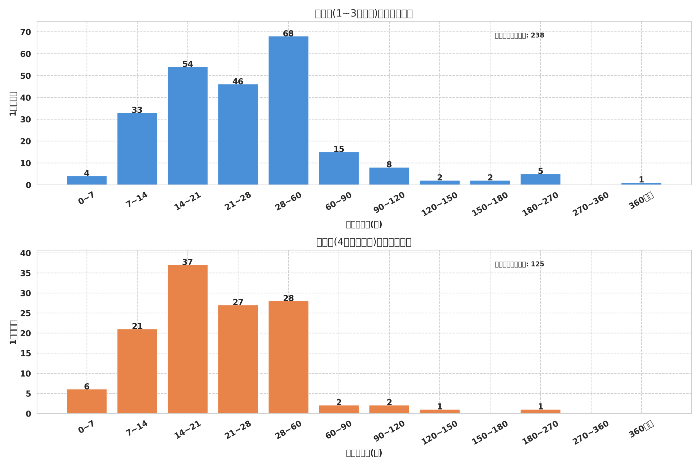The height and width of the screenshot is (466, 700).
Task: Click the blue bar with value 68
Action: [288, 110]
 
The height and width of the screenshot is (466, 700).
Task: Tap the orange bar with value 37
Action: [188, 339]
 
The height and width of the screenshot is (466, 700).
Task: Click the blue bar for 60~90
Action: [339, 168]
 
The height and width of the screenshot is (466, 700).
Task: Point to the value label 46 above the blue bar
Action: [238, 81]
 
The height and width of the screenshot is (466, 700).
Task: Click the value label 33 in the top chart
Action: [137, 110]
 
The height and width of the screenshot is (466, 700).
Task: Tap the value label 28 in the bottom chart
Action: [288, 298]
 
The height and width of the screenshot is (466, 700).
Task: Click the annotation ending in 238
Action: [519, 35]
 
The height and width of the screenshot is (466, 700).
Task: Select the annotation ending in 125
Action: [519, 264]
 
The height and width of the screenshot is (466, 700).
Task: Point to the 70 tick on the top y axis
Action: [26, 32]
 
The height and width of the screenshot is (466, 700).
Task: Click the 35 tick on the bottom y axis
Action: [26, 273]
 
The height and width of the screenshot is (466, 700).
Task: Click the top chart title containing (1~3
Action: [364, 13]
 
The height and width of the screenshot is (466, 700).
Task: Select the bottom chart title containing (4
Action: [364, 242]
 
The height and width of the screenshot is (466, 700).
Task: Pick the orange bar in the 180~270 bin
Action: [540, 411]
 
